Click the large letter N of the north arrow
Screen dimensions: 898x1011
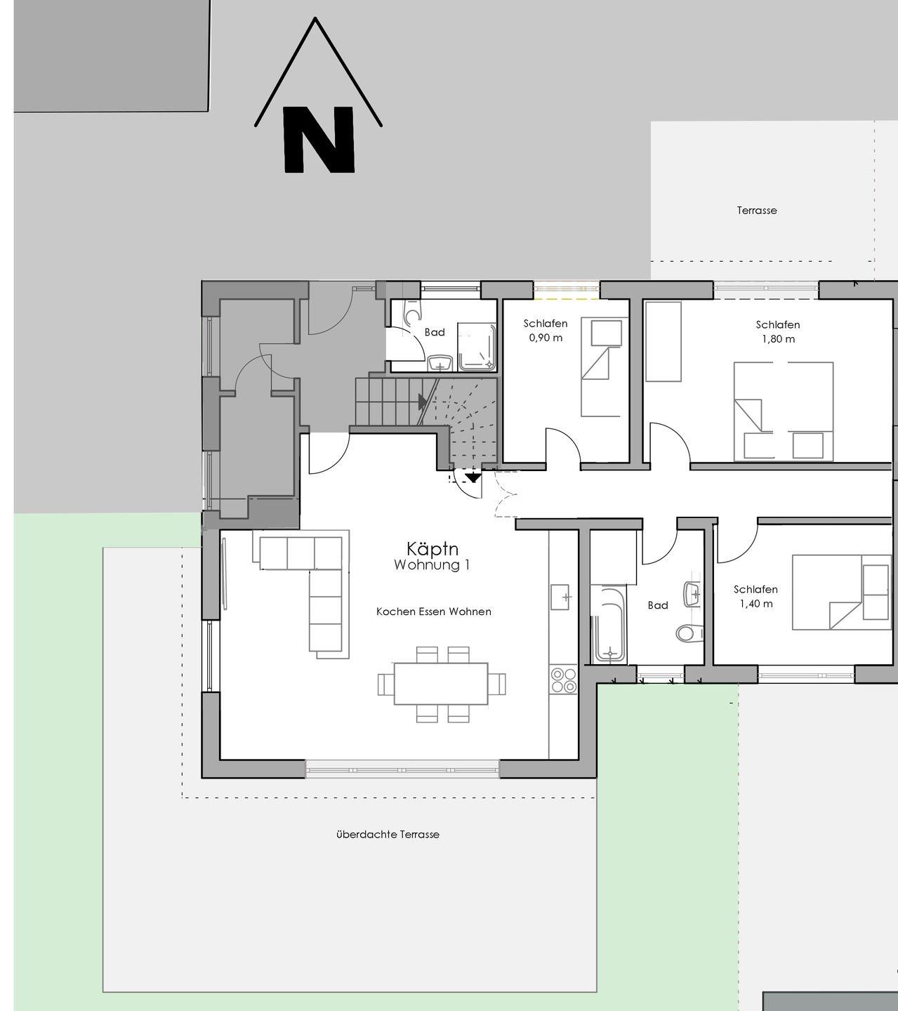click(x=319, y=140)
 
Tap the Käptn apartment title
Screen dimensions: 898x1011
click(x=433, y=549)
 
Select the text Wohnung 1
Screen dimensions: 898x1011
click(x=432, y=565)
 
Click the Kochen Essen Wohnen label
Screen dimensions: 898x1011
click(x=434, y=612)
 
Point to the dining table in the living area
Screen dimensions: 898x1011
click(x=441, y=684)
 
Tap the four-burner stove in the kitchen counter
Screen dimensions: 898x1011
click(x=564, y=680)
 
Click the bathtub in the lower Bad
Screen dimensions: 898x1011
click(x=609, y=624)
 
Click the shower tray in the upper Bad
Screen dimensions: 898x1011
click(x=477, y=346)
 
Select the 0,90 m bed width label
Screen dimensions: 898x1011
click(x=546, y=338)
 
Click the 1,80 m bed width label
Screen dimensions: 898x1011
click(x=778, y=339)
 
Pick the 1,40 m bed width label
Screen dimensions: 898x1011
click(x=755, y=604)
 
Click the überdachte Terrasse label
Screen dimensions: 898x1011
click(x=388, y=834)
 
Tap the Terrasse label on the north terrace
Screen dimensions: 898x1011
click(x=757, y=210)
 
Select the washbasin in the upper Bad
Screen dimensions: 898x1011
click(x=440, y=363)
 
